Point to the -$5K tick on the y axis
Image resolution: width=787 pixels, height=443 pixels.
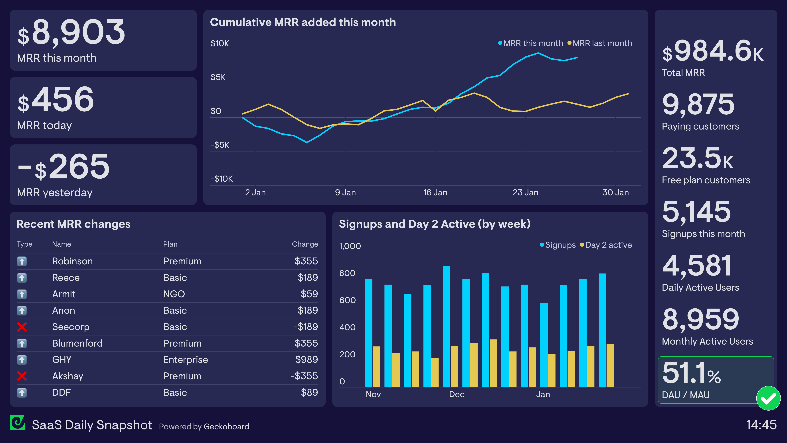point(220,145)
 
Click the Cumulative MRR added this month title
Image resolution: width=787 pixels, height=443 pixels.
point(303,22)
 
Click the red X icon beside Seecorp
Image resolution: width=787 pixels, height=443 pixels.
point(22,327)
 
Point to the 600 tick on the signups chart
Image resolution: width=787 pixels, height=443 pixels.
point(347,300)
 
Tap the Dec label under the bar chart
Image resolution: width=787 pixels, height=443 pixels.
point(456,394)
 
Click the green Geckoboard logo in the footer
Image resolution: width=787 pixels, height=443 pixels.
point(17,423)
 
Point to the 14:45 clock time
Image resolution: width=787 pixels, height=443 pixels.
point(761,425)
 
